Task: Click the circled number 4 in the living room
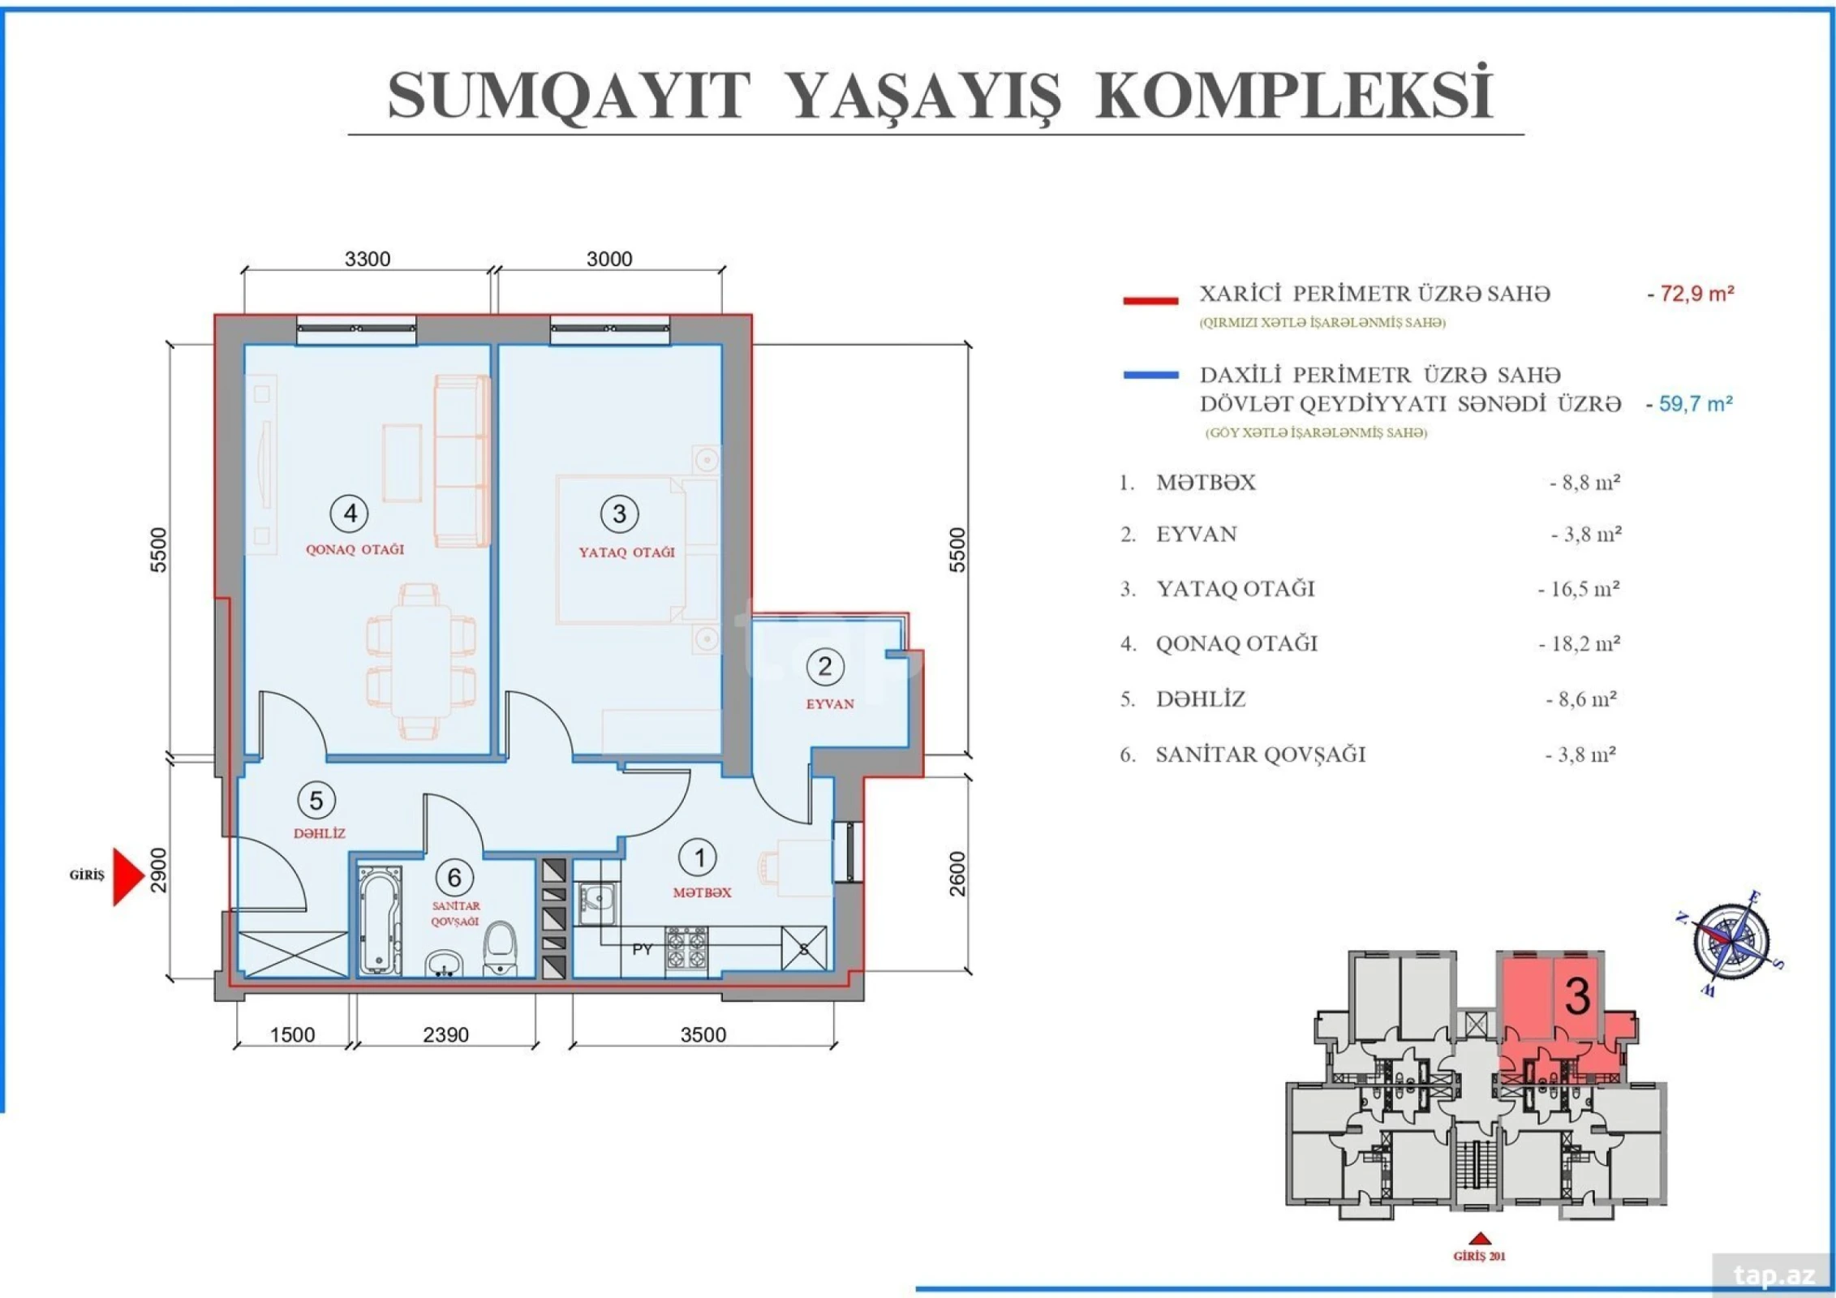[350, 514]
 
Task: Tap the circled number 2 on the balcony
[824, 667]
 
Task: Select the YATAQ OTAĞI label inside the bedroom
[626, 552]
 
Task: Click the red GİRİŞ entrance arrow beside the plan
[127, 876]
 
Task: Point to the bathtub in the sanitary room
[380, 920]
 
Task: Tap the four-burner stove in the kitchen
[686, 949]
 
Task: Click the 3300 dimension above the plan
[368, 259]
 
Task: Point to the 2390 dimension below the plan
[445, 1035]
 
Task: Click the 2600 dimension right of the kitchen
[957, 874]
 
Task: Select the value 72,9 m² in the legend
[1692, 294]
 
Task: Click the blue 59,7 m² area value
[1691, 404]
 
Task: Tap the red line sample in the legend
[1150, 301]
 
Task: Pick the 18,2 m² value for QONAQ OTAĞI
[1580, 644]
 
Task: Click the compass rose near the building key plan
[1731, 941]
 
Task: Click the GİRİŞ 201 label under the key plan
[1479, 1257]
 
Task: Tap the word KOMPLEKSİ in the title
[1293, 96]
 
